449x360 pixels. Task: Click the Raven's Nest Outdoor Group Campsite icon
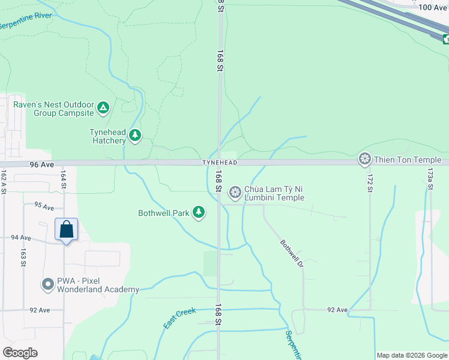coord(103,108)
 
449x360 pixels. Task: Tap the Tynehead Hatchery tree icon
coord(136,136)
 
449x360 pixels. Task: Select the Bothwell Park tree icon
coord(199,212)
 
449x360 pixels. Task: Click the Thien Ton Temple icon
coord(364,160)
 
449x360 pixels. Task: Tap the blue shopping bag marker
coord(66,230)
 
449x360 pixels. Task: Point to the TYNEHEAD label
coord(220,163)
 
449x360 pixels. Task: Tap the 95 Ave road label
coord(44,206)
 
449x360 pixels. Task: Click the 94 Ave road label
coord(20,238)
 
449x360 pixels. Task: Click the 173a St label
coord(430,178)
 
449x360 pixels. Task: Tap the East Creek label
coord(179,318)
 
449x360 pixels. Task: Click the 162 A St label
coord(4,180)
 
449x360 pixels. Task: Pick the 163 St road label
coord(23,257)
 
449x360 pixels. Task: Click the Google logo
coord(20,353)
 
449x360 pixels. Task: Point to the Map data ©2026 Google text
coord(412,355)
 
